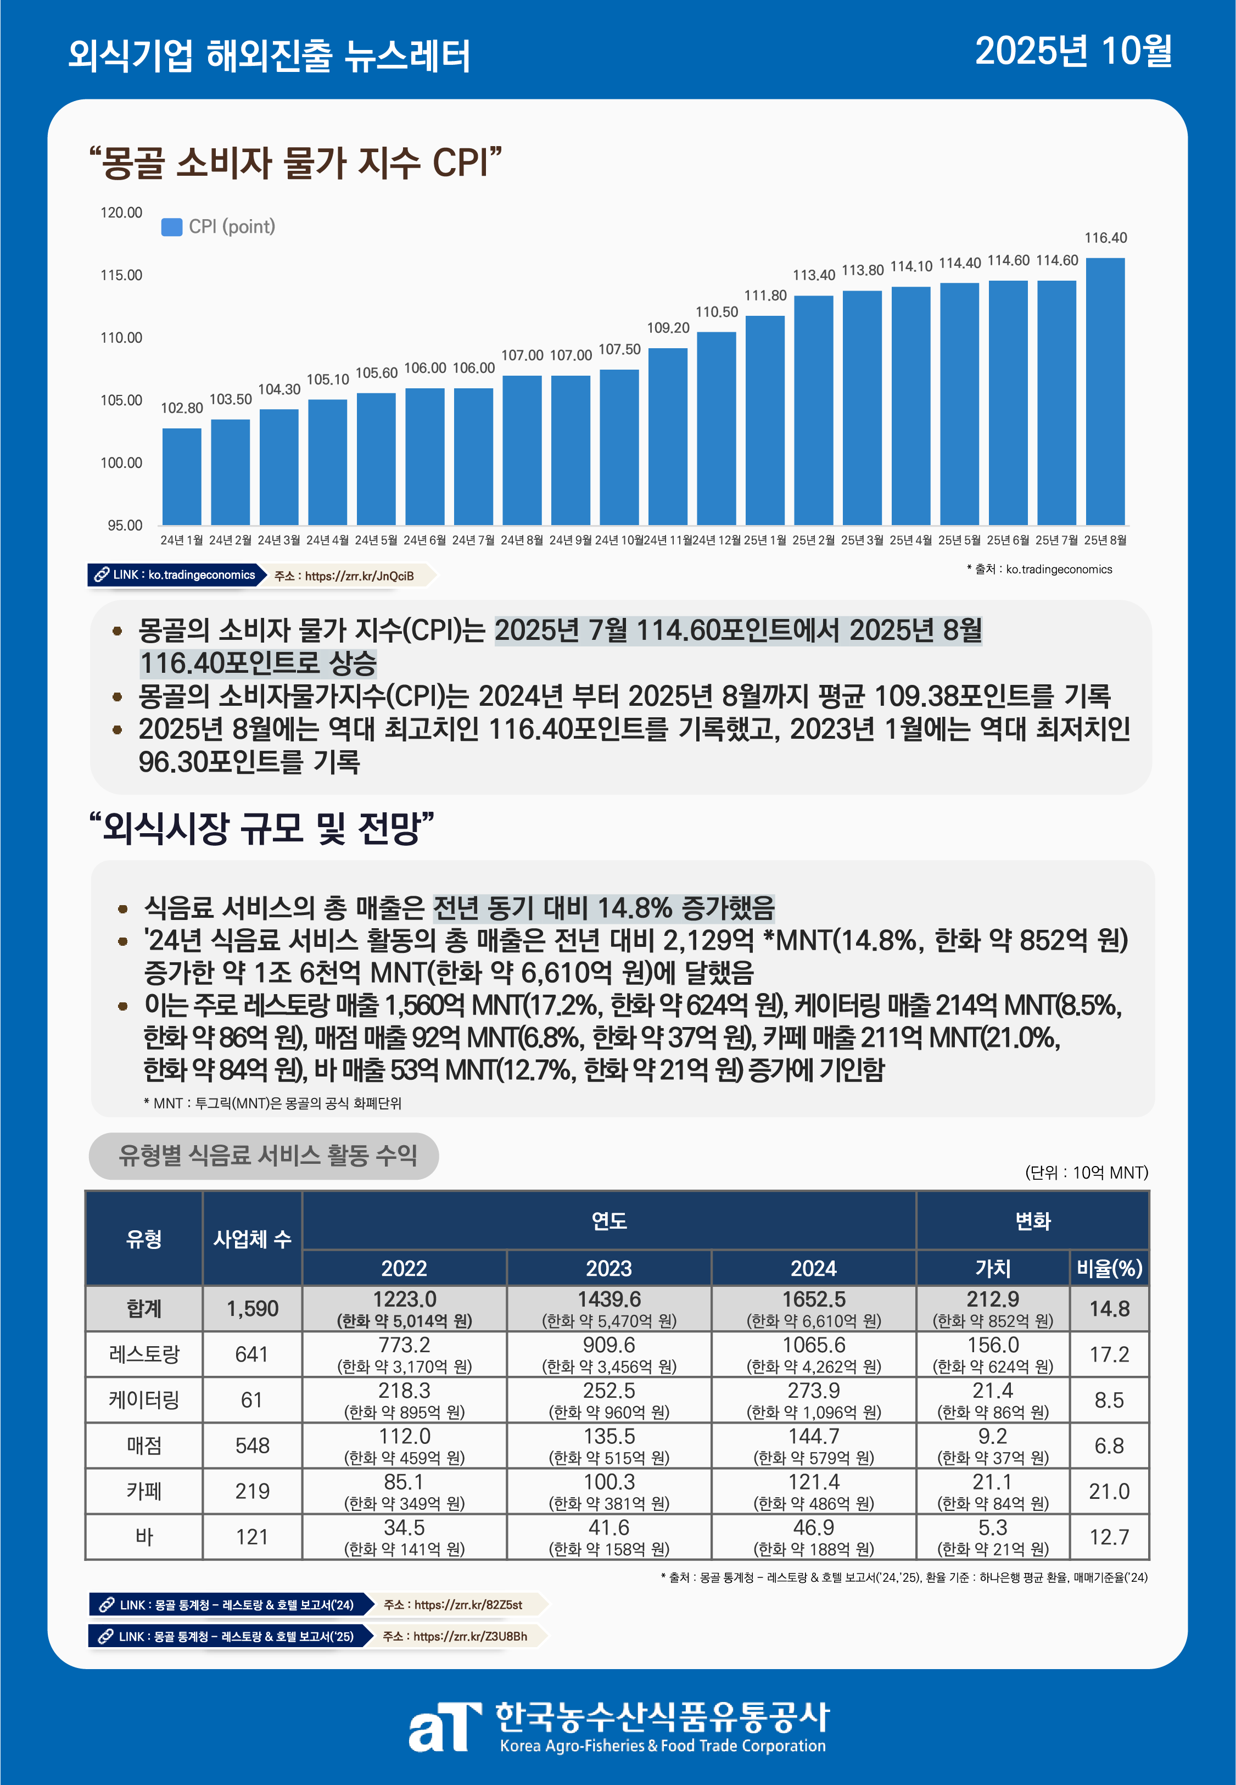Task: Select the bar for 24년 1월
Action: (x=182, y=476)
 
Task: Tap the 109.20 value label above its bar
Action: (x=668, y=327)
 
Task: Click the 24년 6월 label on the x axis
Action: (x=424, y=540)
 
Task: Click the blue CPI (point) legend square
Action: (x=171, y=227)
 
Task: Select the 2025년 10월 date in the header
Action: (x=1072, y=52)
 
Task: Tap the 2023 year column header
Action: (x=609, y=1269)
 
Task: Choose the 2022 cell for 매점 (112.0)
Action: (x=404, y=1445)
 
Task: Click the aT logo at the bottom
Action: (x=442, y=1726)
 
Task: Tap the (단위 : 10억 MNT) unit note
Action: (x=1086, y=1173)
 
